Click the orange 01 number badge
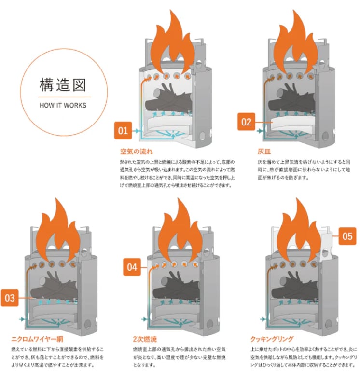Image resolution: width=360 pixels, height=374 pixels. tap(123, 130)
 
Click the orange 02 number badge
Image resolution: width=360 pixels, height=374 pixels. tap(247, 122)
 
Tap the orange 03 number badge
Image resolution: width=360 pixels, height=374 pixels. tap(10, 298)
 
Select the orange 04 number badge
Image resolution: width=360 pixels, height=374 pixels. tap(132, 267)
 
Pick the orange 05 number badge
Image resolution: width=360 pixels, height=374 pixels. tap(347, 236)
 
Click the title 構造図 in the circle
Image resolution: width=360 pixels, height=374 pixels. tap(63, 85)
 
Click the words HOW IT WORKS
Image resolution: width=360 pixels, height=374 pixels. tap(63, 105)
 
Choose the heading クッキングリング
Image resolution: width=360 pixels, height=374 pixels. tap(272, 339)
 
